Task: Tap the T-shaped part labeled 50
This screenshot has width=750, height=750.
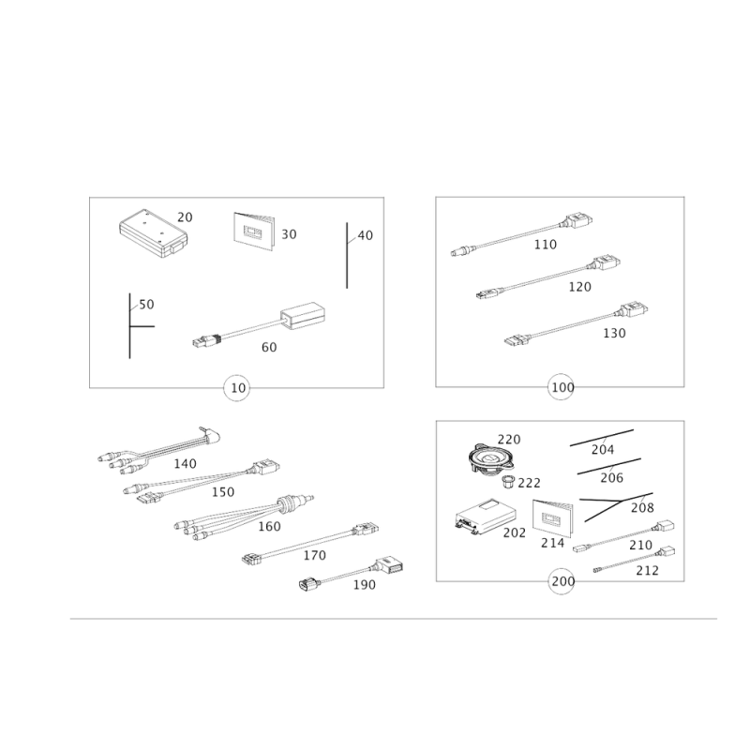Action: (x=131, y=323)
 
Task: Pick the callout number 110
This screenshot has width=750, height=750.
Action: (x=544, y=246)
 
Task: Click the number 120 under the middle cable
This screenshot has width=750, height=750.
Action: (x=578, y=287)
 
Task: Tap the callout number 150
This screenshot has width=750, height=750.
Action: (x=223, y=492)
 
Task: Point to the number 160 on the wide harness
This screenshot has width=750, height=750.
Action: (x=268, y=527)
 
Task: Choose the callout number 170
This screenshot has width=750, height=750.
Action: (x=315, y=555)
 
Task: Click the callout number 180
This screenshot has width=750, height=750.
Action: (x=364, y=585)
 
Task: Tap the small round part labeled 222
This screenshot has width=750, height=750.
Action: (x=510, y=484)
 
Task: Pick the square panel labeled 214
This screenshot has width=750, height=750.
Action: (x=547, y=518)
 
